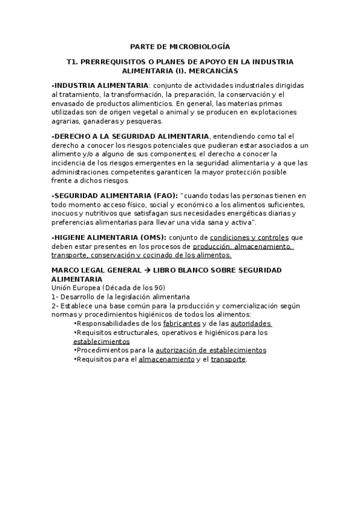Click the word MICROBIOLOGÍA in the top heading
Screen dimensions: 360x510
coord(201,46)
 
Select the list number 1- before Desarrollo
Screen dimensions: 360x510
coord(55,297)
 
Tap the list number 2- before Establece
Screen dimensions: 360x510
coord(55,306)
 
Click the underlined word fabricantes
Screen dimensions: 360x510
coord(182,324)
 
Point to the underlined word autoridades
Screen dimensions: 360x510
coord(251,324)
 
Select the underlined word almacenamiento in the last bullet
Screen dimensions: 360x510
coord(166,360)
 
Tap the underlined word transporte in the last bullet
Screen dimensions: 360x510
coord(228,360)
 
